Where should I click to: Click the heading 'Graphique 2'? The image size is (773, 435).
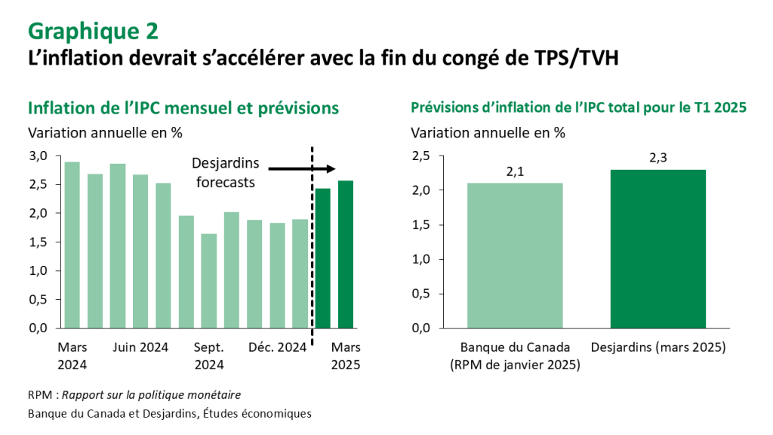point(94,31)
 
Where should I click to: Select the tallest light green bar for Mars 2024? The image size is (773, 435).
point(72,245)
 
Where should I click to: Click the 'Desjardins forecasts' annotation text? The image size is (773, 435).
point(225,173)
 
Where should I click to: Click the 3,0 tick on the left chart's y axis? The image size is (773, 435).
point(38,156)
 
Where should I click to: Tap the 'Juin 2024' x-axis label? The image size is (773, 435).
point(140,347)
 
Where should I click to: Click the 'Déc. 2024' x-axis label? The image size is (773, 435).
point(277,347)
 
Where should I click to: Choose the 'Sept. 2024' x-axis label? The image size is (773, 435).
point(209,356)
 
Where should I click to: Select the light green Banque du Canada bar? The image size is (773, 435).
point(515,255)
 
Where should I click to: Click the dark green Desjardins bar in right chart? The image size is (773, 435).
point(658,248)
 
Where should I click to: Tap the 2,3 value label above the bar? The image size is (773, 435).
point(658,159)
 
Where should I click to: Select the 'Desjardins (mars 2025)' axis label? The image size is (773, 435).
point(658,347)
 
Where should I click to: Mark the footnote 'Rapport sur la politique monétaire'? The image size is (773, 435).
point(152,395)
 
